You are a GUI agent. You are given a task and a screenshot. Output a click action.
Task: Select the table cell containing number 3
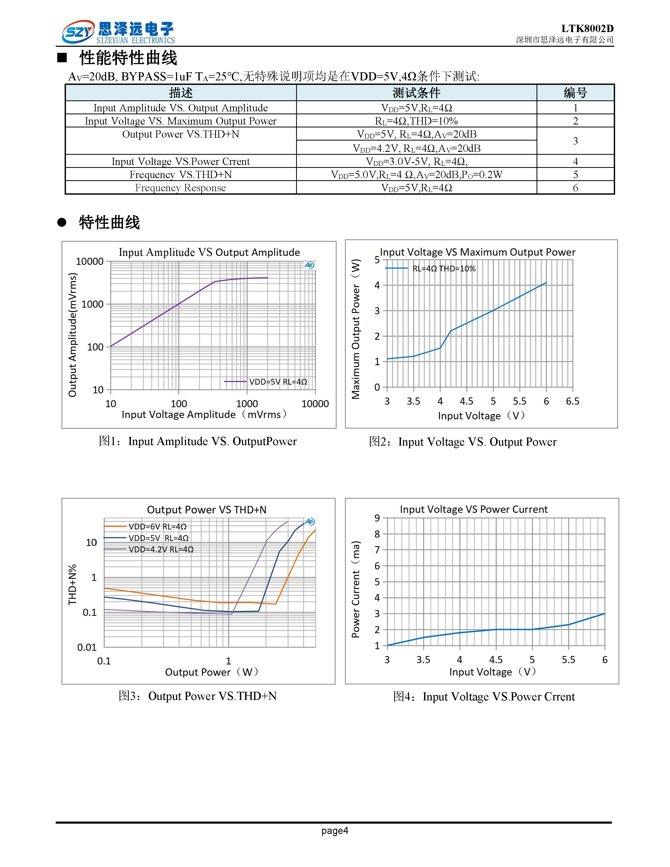pyautogui.click(x=575, y=141)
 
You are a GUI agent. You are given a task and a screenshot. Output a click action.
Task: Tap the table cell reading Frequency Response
pyautogui.click(x=181, y=188)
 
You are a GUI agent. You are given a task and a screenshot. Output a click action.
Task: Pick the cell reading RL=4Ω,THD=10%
pyautogui.click(x=416, y=121)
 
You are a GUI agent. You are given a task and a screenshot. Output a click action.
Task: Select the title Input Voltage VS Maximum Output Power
pyautogui.click(x=477, y=252)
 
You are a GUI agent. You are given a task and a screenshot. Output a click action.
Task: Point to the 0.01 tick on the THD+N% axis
pyautogui.click(x=87, y=647)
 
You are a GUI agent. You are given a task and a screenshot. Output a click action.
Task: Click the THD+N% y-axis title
pyautogui.click(x=72, y=584)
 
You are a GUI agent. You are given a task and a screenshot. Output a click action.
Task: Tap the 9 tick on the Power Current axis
pyautogui.click(x=377, y=518)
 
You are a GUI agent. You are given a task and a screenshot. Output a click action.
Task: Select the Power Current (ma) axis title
pyautogui.click(x=356, y=590)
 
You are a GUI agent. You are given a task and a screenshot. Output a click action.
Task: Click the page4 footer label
pyautogui.click(x=334, y=830)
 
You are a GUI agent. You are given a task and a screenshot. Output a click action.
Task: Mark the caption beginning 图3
pyautogui.click(x=198, y=696)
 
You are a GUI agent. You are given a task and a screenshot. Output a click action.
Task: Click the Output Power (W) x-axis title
pyautogui.click(x=212, y=672)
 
